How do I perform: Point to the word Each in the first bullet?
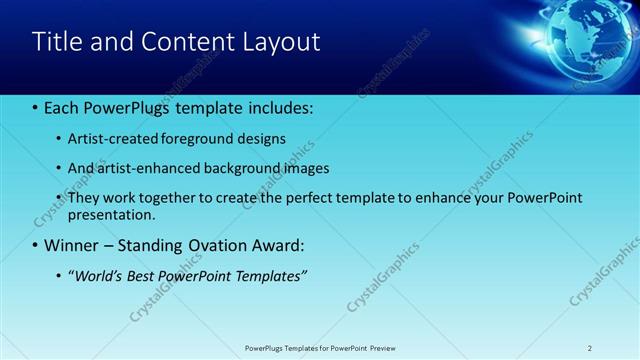63,108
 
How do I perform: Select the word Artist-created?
109,139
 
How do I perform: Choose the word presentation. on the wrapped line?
111,214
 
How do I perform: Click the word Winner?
73,245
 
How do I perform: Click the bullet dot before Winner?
35,245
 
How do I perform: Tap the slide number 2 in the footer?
590,347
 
